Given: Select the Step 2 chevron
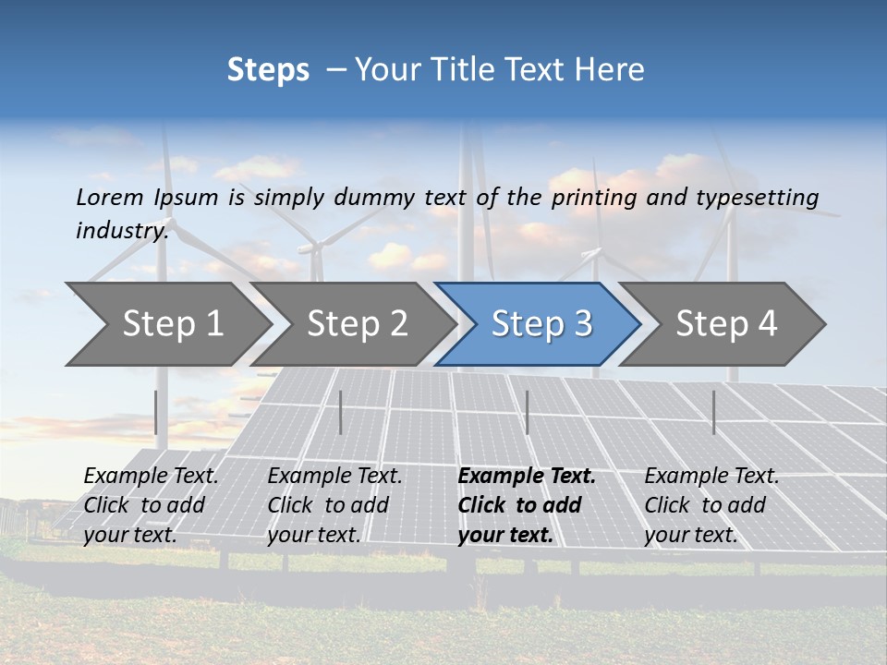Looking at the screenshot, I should point(357,324).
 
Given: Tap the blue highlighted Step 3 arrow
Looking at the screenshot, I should point(541,324).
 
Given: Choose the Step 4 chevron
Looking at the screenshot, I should point(726,324).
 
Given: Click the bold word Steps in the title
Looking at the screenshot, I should point(268,70).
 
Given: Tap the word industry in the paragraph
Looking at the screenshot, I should point(122,231).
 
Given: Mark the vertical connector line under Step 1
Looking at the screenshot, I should point(156,412).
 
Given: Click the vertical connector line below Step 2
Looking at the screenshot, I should point(341,412).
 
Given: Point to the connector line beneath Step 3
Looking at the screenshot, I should point(527,412).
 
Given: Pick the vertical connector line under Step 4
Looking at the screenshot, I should point(713,412).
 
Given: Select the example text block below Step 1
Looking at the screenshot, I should point(151,505).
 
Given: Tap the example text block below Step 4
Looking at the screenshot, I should point(711,505).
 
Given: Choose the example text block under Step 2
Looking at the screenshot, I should point(334,505).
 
